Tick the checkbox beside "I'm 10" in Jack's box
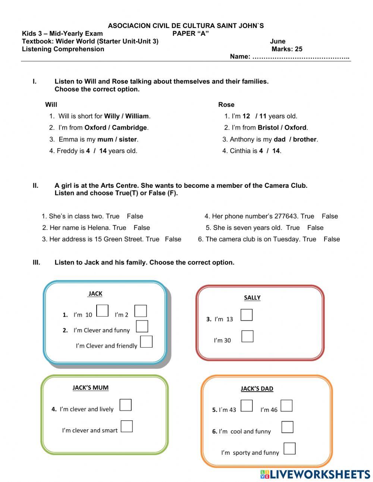102,311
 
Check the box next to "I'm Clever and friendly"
146,342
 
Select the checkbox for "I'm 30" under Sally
247,336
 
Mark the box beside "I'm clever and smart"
127,426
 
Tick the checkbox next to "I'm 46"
286,405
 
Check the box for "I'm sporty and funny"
289,448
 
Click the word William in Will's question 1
137,116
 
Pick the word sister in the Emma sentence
128,140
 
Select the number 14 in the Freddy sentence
103,151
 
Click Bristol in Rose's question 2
268,128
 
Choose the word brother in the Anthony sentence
305,140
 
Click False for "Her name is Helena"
142,228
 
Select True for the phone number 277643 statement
307,216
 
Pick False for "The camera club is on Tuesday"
332,239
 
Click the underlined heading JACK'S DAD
257,389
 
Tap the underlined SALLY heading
252,298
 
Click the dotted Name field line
301,57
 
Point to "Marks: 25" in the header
287,49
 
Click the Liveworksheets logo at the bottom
315,474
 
